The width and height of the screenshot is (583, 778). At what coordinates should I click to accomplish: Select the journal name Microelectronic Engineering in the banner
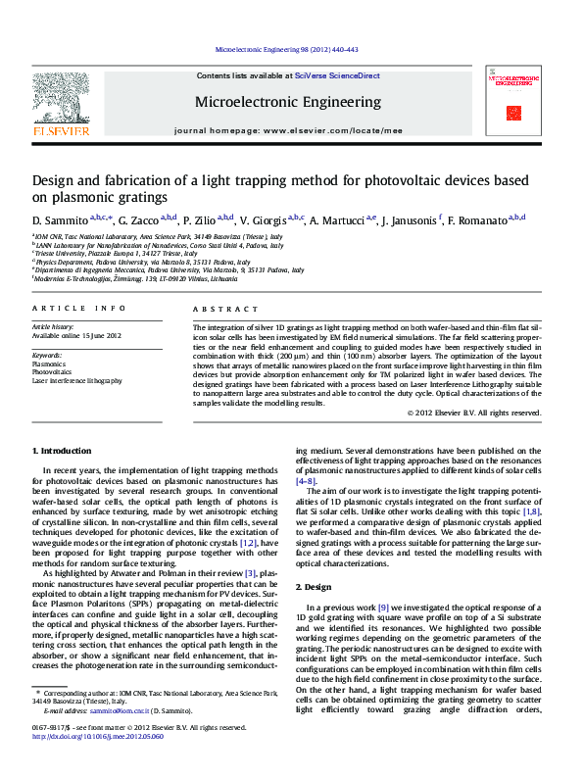tap(288, 102)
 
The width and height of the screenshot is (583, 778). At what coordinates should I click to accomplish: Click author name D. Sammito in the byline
tap(59, 221)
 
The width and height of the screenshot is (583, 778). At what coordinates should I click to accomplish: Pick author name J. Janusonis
tap(409, 221)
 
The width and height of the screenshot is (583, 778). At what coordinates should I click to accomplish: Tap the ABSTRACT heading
tap(218, 309)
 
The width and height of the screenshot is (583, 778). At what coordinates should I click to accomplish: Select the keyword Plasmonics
tap(49, 364)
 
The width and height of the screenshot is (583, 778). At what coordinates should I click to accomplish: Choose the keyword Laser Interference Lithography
tap(77, 380)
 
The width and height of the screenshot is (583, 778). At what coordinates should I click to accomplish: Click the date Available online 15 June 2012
tap(76, 335)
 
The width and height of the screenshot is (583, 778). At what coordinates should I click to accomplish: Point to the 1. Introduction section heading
tap(62, 451)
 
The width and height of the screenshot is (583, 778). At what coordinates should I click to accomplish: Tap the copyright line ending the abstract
tap(473, 413)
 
